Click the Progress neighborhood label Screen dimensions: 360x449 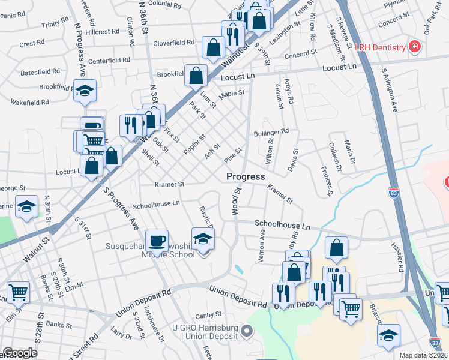click(246, 177)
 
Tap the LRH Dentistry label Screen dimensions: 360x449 click(381, 47)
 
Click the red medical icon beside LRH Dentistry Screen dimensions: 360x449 click(413, 46)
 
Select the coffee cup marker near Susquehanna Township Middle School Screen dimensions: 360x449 click(157, 241)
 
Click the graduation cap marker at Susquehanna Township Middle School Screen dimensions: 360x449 click(203, 239)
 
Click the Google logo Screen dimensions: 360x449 click(20, 353)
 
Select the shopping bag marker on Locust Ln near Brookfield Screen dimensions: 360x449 click(196, 76)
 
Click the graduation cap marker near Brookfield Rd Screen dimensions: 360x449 click(85, 91)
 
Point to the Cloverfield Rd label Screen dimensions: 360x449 click(173, 43)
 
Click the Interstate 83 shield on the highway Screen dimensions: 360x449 click(393, 193)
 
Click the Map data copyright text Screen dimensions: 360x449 click(423, 355)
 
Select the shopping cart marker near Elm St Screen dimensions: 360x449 click(18, 293)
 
